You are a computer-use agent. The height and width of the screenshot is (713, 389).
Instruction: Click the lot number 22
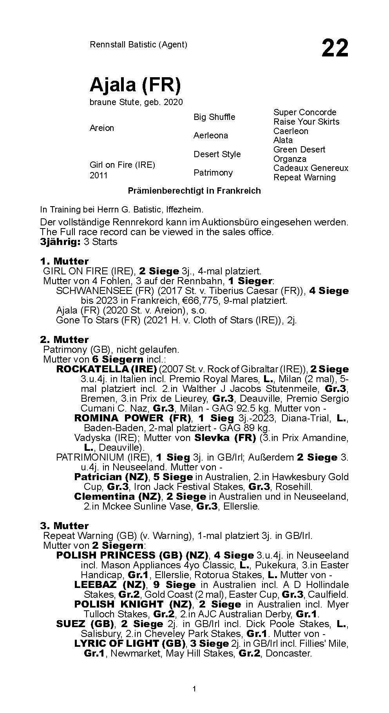335,48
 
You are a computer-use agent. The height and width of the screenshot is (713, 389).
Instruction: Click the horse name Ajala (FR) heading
135,84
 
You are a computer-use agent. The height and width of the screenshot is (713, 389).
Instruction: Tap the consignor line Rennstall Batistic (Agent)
138,44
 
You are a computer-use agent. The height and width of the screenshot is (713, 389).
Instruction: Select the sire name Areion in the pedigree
102,128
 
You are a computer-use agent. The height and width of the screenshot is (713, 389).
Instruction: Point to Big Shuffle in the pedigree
214,117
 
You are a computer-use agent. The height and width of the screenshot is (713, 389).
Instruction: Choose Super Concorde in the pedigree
305,112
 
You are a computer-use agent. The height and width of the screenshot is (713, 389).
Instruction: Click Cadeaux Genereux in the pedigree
311,168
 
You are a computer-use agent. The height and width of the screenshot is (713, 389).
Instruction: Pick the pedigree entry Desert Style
217,154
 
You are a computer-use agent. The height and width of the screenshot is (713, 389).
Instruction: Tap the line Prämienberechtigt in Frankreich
194,191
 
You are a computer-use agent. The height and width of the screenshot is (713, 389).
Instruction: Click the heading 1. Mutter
64,261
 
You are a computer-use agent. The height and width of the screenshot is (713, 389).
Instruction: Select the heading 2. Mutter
64,339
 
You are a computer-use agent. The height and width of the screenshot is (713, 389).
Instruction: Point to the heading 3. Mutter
64,526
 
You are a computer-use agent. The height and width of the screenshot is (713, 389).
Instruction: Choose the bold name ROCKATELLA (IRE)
107,369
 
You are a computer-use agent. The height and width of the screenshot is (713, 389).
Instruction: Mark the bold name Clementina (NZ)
118,497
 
